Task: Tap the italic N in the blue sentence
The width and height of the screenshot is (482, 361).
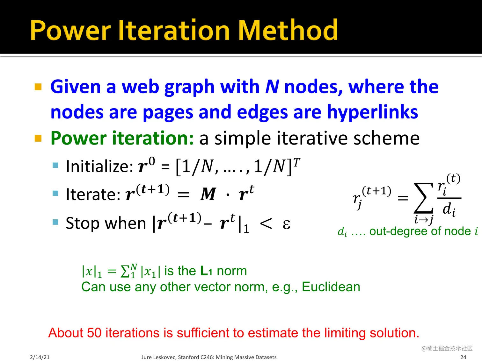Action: tap(272, 87)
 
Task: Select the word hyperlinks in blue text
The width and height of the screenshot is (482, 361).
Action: tap(372, 112)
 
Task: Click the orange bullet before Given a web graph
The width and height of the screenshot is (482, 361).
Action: tap(38, 87)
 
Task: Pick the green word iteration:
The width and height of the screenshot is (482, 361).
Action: tap(153, 138)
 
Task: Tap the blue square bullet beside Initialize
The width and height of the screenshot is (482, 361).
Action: tap(55, 165)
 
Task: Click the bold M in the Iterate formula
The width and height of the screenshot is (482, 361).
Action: tap(208, 194)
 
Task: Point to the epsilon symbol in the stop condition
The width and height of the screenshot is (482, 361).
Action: tap(286, 224)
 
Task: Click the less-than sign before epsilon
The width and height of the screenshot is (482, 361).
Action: tap(266, 224)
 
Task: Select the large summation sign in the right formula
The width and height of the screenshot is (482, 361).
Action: tap(423, 198)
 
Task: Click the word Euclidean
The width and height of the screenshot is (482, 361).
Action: tap(331, 287)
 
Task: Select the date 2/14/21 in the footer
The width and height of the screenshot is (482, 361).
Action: tap(40, 357)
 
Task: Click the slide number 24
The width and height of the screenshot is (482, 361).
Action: tap(463, 357)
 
